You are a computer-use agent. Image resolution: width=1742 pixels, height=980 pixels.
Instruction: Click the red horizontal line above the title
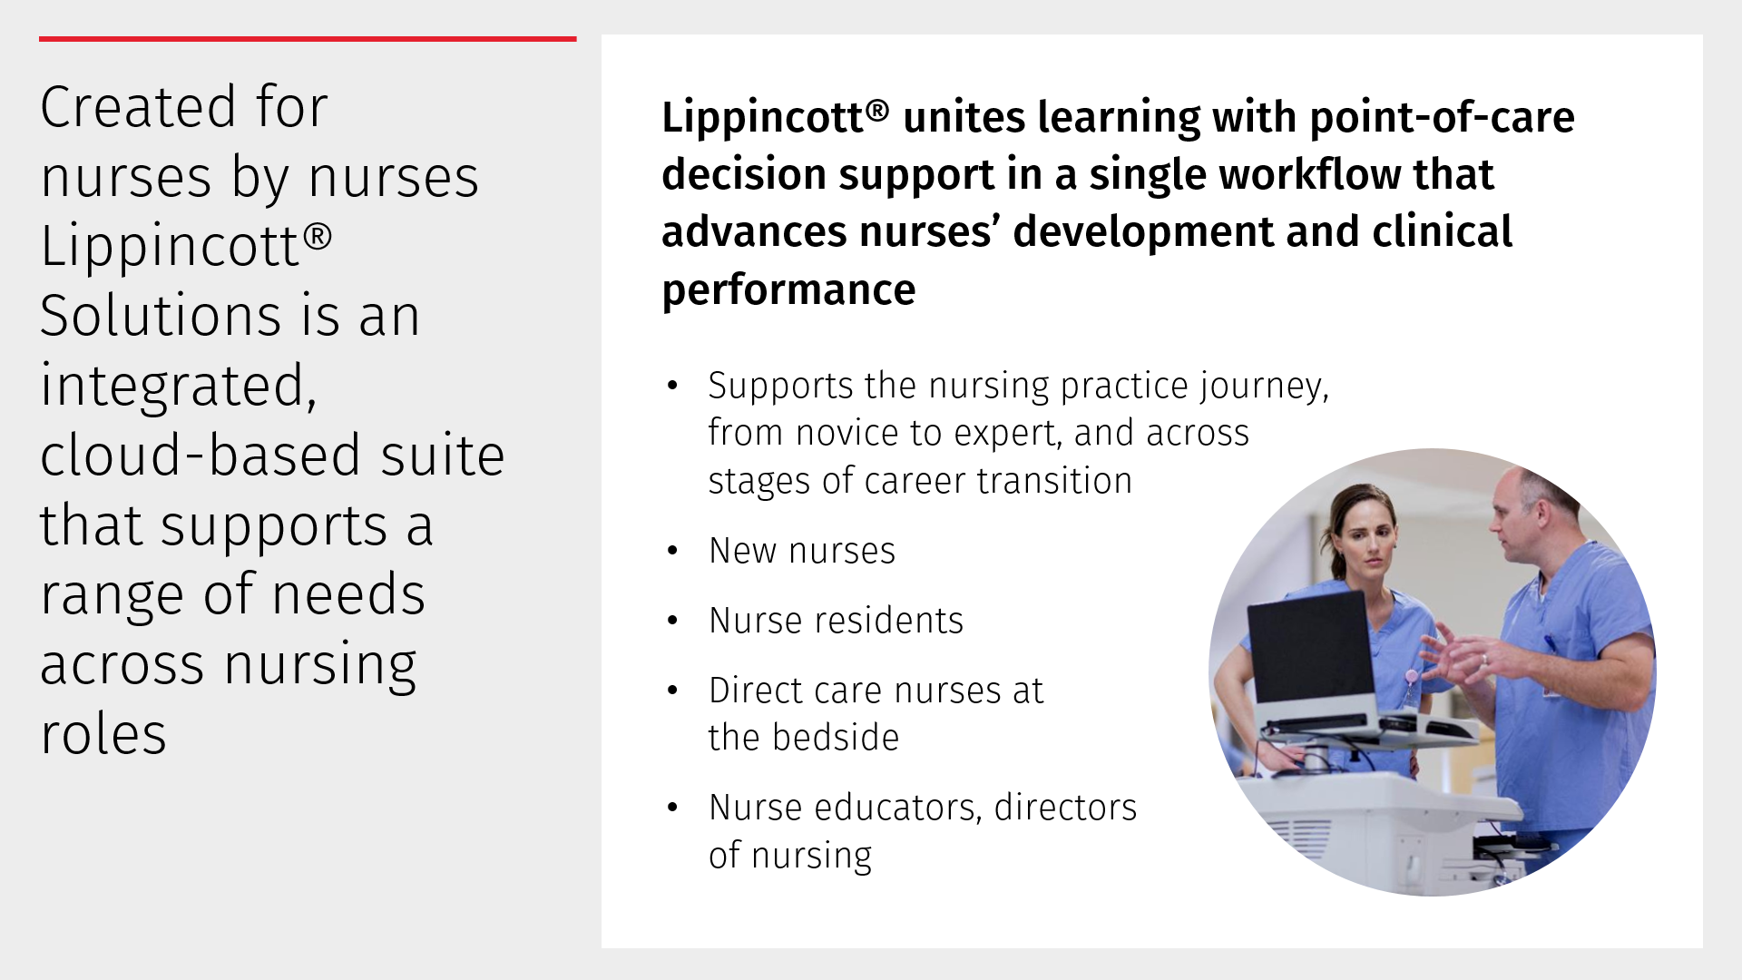click(308, 39)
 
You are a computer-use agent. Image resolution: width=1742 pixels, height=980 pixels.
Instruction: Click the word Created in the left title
click(139, 107)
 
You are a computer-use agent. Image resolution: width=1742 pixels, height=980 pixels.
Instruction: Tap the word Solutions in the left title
click(161, 316)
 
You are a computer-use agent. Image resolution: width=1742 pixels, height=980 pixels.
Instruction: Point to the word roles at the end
click(103, 734)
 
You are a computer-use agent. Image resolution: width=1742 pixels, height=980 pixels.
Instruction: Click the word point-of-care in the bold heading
click(1443, 117)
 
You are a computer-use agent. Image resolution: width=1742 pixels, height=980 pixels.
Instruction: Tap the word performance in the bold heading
click(788, 290)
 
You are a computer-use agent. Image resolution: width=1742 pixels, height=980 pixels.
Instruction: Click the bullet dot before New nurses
click(672, 551)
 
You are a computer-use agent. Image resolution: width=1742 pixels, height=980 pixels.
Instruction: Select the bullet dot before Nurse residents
click(672, 621)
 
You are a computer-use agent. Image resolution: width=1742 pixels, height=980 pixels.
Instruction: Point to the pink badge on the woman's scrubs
click(1413, 678)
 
